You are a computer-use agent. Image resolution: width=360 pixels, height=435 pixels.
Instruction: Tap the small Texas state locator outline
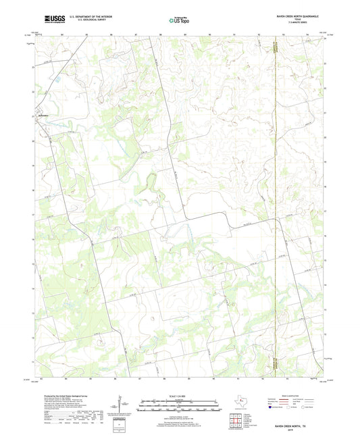(x=240, y=403)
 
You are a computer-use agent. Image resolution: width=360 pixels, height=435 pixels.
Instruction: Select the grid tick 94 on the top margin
(x=308, y=33)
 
